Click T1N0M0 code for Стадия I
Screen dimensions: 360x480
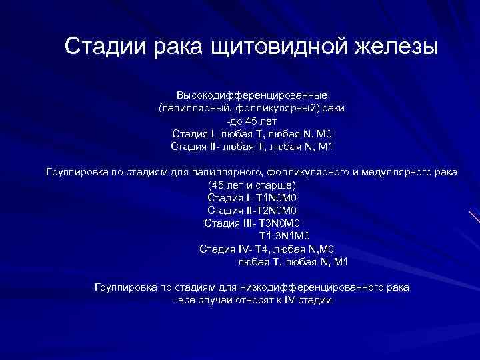click(268, 197)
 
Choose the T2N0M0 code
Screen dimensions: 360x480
click(266, 210)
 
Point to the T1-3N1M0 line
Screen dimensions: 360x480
click(283, 236)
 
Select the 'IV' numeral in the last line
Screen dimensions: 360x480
click(291, 300)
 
